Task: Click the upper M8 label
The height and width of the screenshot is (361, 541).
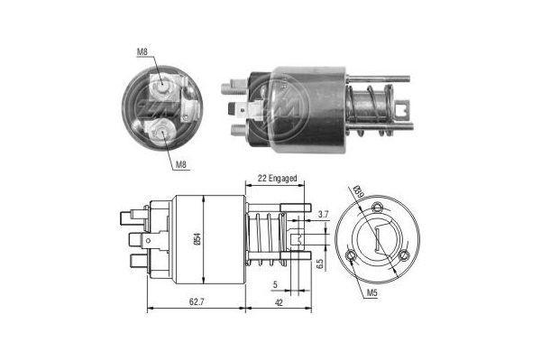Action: point(142,52)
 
